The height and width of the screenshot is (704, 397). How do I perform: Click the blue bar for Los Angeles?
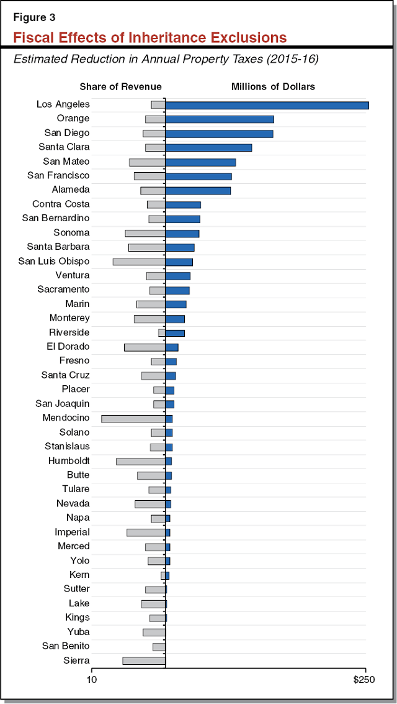(x=267, y=105)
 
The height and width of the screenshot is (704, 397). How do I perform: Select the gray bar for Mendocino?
(x=133, y=419)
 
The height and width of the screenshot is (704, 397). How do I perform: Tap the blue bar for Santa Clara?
(x=208, y=148)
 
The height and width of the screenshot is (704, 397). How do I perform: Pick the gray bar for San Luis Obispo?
(x=139, y=262)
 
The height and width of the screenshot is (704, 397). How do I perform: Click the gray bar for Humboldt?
(x=141, y=461)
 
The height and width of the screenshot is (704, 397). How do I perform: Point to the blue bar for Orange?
(x=220, y=119)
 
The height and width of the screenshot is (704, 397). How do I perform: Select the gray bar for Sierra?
(x=144, y=661)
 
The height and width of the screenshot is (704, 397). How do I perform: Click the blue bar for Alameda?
(x=198, y=191)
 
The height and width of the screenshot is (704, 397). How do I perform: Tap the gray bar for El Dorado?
(x=145, y=347)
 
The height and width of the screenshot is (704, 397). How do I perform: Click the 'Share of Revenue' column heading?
(x=120, y=86)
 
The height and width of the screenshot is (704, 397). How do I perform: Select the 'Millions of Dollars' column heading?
(x=273, y=86)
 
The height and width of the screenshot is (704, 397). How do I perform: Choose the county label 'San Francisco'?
(x=58, y=176)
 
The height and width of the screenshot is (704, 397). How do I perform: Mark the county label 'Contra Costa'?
(x=61, y=204)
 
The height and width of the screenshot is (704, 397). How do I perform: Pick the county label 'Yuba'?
(x=78, y=632)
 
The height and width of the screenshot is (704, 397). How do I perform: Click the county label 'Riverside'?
(x=69, y=332)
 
